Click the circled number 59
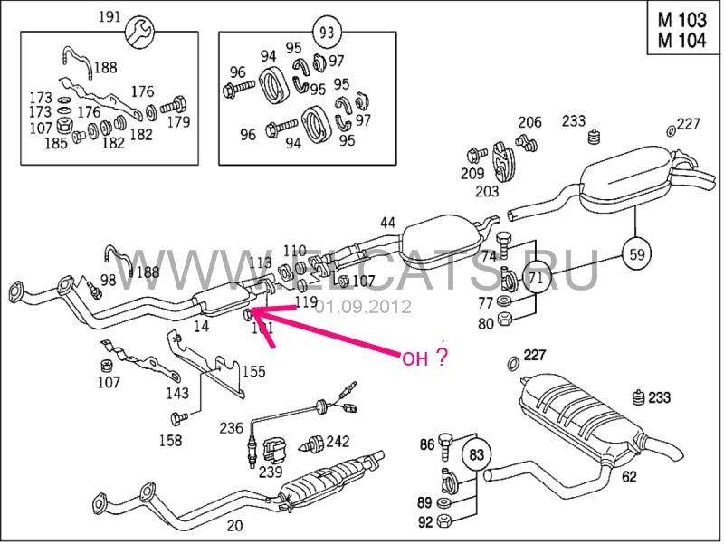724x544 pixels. click(637, 253)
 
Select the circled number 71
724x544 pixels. click(535, 279)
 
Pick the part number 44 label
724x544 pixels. click(387, 223)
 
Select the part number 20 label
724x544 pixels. click(234, 525)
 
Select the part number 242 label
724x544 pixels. click(338, 441)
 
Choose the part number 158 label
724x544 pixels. click(169, 441)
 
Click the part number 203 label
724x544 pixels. click(487, 191)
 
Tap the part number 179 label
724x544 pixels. click(178, 122)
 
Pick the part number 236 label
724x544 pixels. click(231, 427)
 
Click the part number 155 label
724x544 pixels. click(253, 370)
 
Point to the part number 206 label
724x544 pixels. click(529, 122)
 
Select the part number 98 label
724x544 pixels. click(108, 280)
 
